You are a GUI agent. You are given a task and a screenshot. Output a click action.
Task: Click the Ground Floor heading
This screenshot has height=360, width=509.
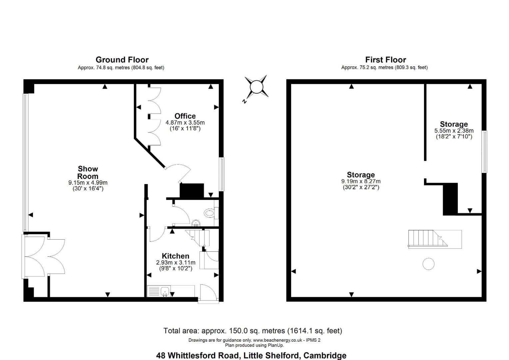tap(122, 60)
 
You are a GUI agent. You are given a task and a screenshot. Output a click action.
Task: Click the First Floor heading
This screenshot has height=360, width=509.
tap(385, 60)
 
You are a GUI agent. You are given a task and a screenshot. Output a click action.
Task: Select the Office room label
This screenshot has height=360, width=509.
tap(185, 116)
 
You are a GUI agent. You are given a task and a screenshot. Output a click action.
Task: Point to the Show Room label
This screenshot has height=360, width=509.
tap(88, 172)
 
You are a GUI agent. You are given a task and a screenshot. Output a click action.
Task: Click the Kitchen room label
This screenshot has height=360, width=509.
tap(176, 256)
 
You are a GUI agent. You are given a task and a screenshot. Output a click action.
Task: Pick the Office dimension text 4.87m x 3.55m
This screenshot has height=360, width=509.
tap(185, 123)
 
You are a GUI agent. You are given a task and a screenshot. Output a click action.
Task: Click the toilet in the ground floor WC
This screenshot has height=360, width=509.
tap(210, 213)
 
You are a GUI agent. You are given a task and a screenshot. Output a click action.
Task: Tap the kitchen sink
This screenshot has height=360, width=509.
tap(165, 291)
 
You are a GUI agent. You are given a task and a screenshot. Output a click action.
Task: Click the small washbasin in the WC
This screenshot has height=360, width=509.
tap(196, 223)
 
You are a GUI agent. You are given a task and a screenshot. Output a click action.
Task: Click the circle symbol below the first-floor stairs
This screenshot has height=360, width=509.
tap(428, 264)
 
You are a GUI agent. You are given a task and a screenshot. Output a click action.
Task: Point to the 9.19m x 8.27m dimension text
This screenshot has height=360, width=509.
tap(361, 181)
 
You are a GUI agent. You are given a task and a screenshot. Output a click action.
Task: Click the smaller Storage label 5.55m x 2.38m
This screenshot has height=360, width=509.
tap(454, 131)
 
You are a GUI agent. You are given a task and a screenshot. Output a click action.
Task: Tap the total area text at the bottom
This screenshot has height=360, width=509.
tap(253, 330)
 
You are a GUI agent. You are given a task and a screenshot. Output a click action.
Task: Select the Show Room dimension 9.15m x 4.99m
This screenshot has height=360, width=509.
tap(88, 183)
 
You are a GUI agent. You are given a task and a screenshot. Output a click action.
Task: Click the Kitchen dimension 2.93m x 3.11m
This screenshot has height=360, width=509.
tap(176, 262)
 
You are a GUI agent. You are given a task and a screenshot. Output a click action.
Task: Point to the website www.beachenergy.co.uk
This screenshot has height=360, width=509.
tap(277, 340)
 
